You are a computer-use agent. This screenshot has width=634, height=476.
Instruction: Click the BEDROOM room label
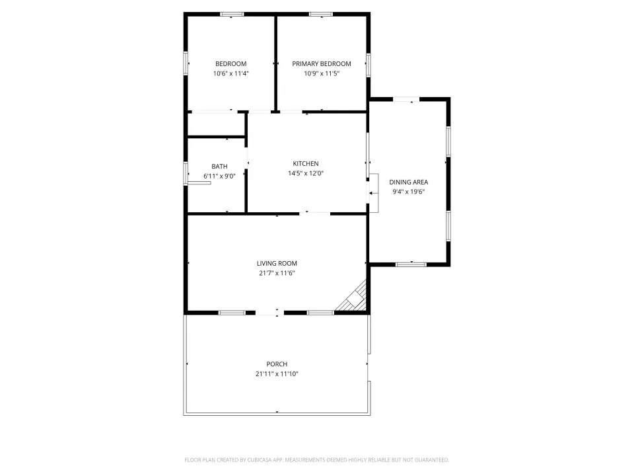[231, 64]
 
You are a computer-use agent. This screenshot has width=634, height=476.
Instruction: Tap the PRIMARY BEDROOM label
[322, 64]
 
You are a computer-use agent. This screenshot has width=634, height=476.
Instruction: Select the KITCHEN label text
[306, 163]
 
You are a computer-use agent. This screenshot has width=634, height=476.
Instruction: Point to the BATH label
[219, 167]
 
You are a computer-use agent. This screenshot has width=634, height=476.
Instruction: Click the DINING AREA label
[408, 182]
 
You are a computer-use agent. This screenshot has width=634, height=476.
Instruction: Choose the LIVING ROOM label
[277, 264]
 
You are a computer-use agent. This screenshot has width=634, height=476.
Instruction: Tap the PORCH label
[277, 364]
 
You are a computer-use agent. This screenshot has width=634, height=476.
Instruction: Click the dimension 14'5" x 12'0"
[306, 173]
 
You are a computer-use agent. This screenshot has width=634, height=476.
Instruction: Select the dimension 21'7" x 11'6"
[277, 273]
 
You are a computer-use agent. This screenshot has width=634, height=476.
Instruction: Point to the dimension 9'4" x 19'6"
[408, 192]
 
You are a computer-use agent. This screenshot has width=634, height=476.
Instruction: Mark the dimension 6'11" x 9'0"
[219, 176]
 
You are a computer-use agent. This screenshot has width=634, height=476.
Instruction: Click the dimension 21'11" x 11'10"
[277, 374]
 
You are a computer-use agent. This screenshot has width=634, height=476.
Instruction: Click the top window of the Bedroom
[232, 15]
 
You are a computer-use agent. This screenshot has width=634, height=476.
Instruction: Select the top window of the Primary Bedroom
[321, 15]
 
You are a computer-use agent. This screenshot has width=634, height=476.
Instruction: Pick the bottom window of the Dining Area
[411, 264]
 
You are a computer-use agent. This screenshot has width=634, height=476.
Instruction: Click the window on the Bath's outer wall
[186, 173]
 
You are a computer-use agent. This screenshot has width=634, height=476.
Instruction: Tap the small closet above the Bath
[217, 124]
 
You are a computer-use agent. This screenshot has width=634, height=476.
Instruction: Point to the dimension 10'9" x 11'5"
[322, 73]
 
